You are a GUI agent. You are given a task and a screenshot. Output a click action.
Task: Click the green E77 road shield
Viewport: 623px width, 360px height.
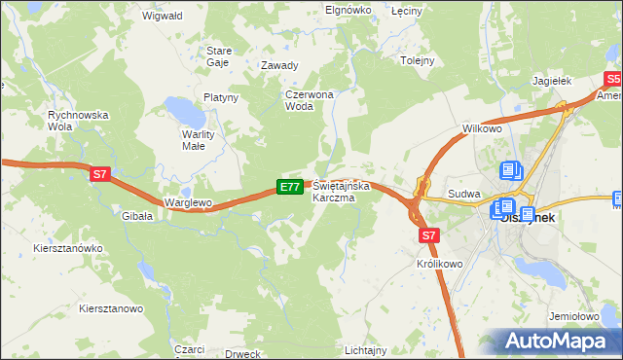point(289,186)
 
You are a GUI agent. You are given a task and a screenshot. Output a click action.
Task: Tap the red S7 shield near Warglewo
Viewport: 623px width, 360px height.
point(99,174)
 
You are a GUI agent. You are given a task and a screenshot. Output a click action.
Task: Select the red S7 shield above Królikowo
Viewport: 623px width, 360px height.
point(430,234)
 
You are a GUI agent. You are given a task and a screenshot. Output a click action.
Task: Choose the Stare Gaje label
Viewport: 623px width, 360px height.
point(218,54)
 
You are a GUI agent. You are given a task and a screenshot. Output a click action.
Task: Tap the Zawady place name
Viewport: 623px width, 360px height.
point(279,66)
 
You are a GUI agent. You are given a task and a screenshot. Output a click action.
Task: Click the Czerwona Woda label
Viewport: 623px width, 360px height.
point(309,100)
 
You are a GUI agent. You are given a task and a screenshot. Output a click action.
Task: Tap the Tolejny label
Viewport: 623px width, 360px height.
point(417,60)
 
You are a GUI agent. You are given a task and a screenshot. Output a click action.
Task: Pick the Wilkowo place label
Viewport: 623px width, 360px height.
point(482,128)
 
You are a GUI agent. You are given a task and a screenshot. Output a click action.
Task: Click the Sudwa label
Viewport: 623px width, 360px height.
point(464,194)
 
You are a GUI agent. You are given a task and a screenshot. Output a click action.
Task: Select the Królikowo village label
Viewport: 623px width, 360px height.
point(438,264)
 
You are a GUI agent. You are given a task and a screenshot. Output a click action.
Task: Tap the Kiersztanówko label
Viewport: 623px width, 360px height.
point(66,248)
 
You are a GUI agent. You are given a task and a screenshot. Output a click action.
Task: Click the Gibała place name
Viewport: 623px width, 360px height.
point(137,216)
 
